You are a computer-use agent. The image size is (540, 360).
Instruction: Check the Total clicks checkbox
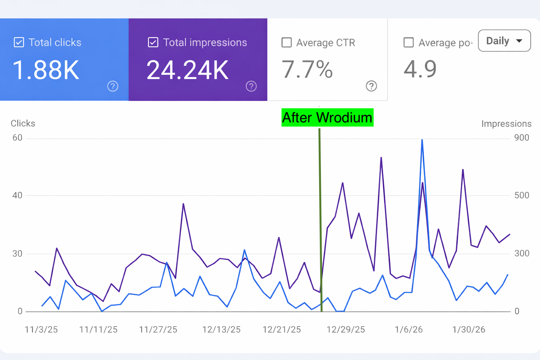pyautogui.click(x=19, y=43)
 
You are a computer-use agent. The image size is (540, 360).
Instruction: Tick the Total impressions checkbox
pyautogui.click(x=153, y=43)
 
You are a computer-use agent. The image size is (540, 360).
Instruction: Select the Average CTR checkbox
pyautogui.click(x=287, y=43)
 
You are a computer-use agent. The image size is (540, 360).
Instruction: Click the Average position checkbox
pyautogui.click(x=409, y=43)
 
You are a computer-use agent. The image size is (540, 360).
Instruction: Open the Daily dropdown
pyautogui.click(x=504, y=41)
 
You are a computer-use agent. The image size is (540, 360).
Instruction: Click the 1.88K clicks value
pyautogui.click(x=46, y=70)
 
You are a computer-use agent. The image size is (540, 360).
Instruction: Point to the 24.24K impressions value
pyautogui.click(x=187, y=70)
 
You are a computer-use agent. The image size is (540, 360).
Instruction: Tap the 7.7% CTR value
pyautogui.click(x=307, y=69)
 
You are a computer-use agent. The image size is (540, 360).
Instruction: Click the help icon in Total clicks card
pyautogui.click(x=112, y=86)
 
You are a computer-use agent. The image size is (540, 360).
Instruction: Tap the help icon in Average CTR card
pyautogui.click(x=371, y=86)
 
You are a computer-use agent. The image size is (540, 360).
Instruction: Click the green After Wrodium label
pyautogui.click(x=327, y=117)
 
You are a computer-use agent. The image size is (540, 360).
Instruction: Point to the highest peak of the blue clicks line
pyautogui.click(x=422, y=140)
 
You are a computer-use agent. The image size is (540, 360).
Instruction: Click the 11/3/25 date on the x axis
pyautogui.click(x=41, y=329)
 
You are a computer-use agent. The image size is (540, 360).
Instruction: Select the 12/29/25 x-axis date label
pyautogui.click(x=346, y=329)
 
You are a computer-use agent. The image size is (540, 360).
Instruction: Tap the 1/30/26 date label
pyautogui.click(x=469, y=329)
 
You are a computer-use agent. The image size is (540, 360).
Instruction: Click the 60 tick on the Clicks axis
pyautogui.click(x=17, y=138)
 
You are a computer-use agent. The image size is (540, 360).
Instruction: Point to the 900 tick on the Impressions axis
pyautogui.click(x=521, y=138)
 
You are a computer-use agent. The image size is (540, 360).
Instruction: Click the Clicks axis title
pyautogui.click(x=23, y=123)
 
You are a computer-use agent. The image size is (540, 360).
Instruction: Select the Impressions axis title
pyautogui.click(x=506, y=124)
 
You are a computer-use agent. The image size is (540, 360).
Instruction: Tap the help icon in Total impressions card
pyautogui.click(x=251, y=86)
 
